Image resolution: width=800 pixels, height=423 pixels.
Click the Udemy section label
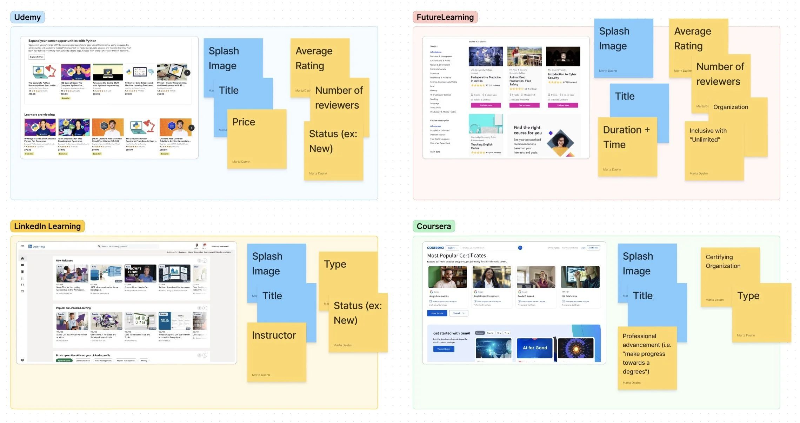point(27,17)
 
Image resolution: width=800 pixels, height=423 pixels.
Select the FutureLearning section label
point(445,17)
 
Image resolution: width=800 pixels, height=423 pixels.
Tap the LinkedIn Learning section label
point(47,226)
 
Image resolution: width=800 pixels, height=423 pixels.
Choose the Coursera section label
point(434,226)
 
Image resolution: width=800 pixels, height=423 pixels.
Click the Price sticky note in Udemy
point(256,139)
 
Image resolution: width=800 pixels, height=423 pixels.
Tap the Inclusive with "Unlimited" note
point(714,151)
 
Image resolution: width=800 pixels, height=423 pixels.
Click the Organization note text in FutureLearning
point(731,107)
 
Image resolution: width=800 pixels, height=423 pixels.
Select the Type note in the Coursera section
point(761,313)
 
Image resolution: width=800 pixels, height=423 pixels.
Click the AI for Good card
point(535,348)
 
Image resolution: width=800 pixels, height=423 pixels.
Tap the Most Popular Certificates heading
point(456,256)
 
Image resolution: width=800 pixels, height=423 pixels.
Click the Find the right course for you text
point(527,130)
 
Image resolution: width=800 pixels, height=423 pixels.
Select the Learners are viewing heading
point(39,115)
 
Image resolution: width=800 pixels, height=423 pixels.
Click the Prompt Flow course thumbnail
point(140,273)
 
